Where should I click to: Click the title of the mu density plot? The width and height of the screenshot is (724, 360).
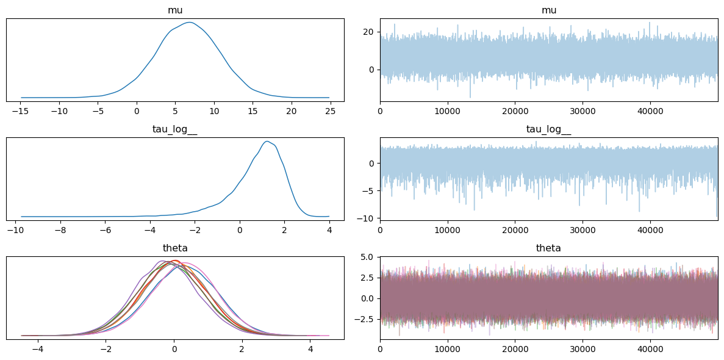pyautogui.click(x=175, y=10)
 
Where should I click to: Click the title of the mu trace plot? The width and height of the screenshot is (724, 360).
pyautogui.click(x=549, y=10)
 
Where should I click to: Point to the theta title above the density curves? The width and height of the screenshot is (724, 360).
pyautogui.click(x=175, y=248)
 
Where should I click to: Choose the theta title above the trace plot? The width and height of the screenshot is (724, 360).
pyautogui.click(x=549, y=248)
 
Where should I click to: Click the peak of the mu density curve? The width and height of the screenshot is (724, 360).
pyautogui.click(x=190, y=23)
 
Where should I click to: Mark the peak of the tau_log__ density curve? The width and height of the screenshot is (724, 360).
pyautogui.click(x=267, y=142)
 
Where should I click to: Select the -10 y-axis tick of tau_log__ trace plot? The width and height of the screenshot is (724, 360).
pyautogui.click(x=367, y=218)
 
